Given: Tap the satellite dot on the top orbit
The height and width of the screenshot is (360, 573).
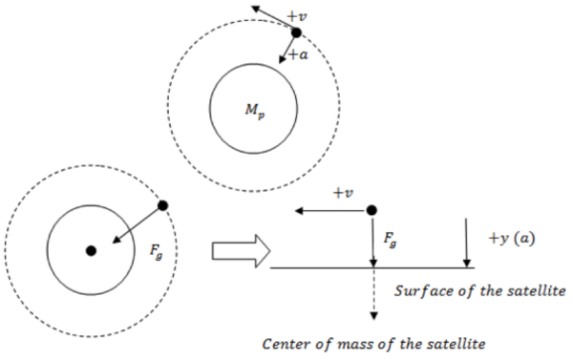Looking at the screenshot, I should pyautogui.click(x=296, y=32).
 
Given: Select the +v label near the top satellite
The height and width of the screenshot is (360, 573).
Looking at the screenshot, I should pyautogui.click(x=298, y=16).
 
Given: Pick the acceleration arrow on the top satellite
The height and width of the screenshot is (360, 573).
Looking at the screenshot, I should pyautogui.click(x=287, y=49).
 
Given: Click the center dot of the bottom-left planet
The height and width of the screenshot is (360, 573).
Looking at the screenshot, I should pyautogui.click(x=91, y=250).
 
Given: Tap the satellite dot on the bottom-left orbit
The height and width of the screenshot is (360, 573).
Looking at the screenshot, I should pyautogui.click(x=162, y=205).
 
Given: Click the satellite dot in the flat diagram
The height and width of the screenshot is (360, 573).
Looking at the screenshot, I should pyautogui.click(x=371, y=209).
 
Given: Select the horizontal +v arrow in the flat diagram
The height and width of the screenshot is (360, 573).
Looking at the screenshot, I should pyautogui.click(x=329, y=209).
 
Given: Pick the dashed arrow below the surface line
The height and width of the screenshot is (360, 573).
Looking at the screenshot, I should pyautogui.click(x=371, y=292).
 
